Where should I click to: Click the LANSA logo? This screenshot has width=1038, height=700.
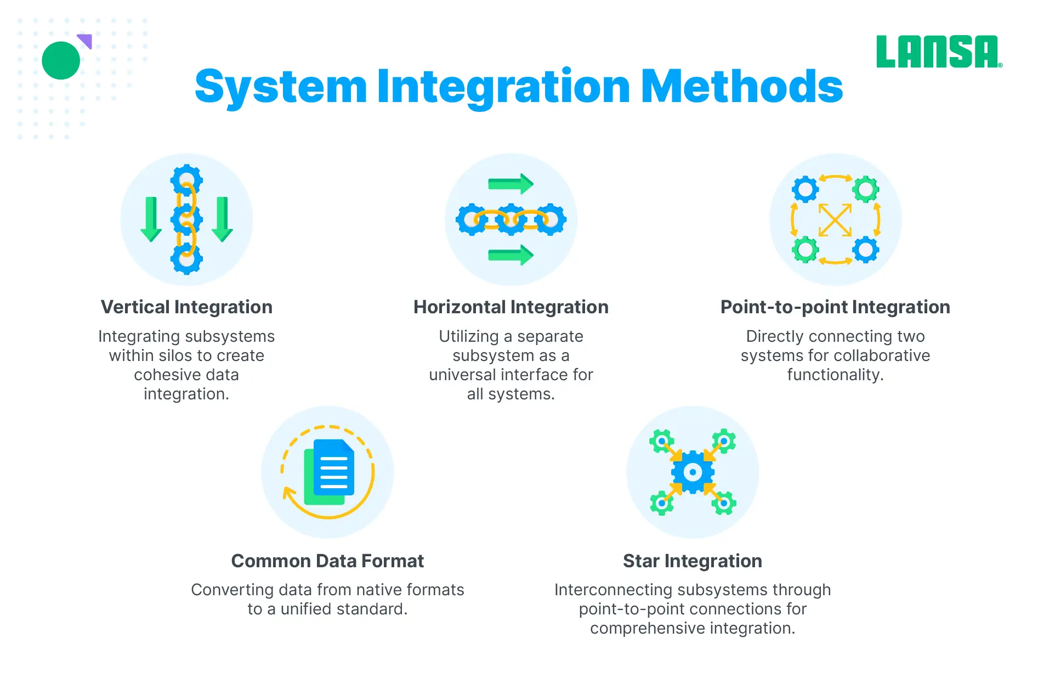939,52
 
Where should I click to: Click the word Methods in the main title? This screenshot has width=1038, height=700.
742,87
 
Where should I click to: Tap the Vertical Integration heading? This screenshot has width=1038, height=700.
186,307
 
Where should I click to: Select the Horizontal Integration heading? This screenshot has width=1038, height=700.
511,307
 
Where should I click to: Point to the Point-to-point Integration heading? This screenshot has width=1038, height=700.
835,307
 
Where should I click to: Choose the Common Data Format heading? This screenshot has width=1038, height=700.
327,561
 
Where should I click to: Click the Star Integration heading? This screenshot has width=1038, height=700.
693,561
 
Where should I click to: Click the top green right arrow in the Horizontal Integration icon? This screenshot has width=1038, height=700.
511,184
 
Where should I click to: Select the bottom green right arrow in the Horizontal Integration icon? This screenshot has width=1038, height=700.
511,255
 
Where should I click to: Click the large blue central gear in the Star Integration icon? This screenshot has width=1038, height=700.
693,472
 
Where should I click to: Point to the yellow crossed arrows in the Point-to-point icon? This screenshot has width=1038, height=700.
835,220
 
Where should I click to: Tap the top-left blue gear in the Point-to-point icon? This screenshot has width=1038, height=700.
806,190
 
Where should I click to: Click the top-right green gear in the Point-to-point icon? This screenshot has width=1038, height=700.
866,190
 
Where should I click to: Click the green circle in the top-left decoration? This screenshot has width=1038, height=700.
61,60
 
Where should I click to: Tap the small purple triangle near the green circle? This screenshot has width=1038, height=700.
86,41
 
